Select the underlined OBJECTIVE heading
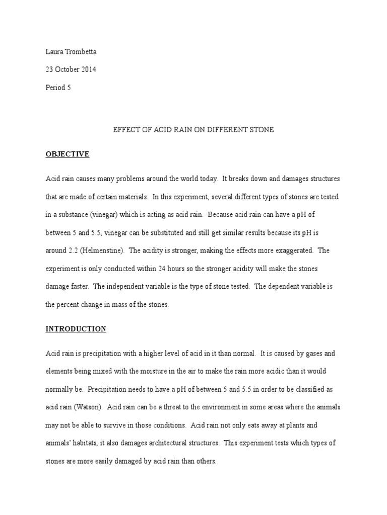[68, 154]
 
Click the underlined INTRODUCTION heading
[76, 329]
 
